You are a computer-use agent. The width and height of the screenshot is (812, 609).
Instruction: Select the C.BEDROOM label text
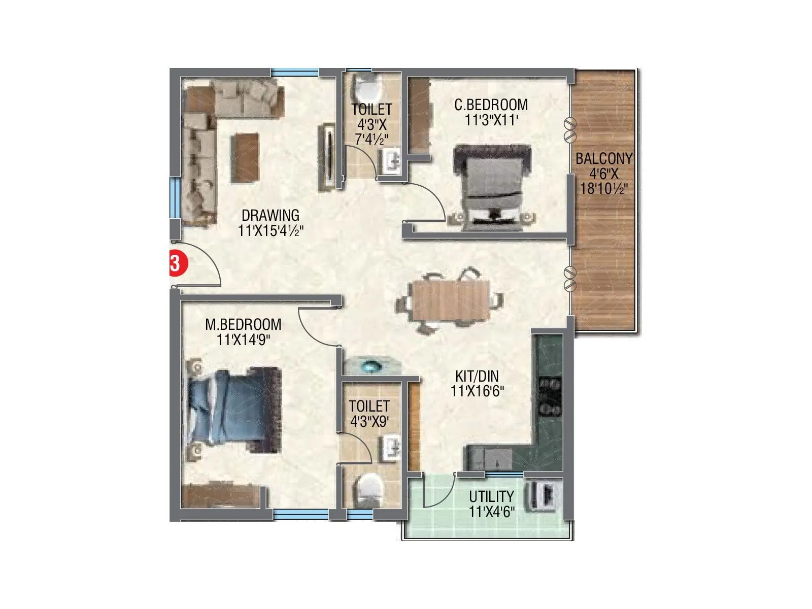coord(491,105)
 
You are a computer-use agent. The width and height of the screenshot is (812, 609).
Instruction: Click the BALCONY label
coord(604,159)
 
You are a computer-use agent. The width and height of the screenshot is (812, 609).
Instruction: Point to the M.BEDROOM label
coord(243,324)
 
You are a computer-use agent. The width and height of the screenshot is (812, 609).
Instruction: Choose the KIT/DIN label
coord(477,377)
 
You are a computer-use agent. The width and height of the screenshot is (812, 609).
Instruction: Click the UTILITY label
coord(491,496)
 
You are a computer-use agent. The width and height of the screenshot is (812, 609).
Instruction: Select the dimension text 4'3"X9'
coord(369,421)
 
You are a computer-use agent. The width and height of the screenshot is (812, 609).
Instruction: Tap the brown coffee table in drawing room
coord(245,157)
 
